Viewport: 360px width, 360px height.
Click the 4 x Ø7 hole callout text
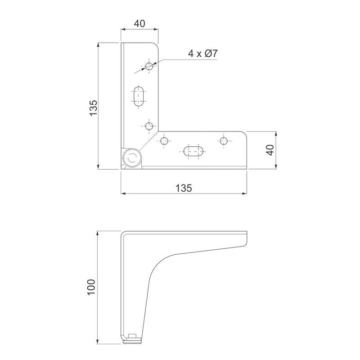[x=203, y=54]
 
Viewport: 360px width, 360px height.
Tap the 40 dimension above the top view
[x=139, y=23]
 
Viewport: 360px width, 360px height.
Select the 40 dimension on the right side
[x=271, y=150]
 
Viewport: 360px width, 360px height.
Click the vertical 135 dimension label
[x=94, y=108]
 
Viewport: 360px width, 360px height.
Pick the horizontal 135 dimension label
[x=184, y=188]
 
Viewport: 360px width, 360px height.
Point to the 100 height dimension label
[x=91, y=287]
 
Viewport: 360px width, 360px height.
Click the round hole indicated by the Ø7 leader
[x=149, y=66]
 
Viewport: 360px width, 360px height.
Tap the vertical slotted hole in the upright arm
[x=139, y=96]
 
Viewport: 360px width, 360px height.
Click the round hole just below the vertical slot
[x=149, y=126]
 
